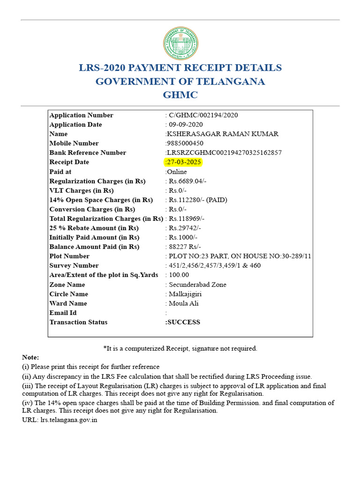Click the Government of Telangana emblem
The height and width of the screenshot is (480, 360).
point(180,44)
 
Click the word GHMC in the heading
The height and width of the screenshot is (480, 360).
point(180,95)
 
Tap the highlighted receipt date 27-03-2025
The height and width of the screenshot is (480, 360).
point(184,162)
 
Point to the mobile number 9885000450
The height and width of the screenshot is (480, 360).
point(186,143)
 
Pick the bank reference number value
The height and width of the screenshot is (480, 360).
point(224,153)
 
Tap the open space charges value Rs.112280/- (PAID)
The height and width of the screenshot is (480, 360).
point(198,200)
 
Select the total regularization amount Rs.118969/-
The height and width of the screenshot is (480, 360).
point(187,218)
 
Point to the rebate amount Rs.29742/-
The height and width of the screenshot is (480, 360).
point(185,228)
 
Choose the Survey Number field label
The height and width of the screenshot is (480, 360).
point(74,265)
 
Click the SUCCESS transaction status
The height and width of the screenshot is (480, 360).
point(183,322)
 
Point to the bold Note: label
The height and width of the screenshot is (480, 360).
point(30,357)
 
